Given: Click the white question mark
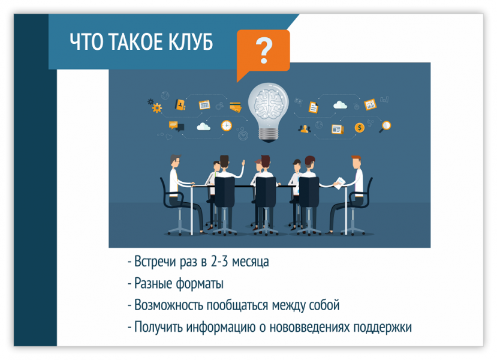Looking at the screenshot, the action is pyautogui.click(x=264, y=50).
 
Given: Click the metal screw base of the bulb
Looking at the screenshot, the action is pyautogui.click(x=269, y=134).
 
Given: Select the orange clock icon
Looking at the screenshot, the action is pyautogui.click(x=226, y=125).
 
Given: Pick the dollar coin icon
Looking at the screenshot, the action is pyautogui.click(x=359, y=128).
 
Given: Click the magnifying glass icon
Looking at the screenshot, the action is pyautogui.click(x=385, y=127).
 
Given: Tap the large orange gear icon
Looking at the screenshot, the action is pyautogui.click(x=156, y=108).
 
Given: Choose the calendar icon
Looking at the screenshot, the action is pyautogui.click(x=204, y=104).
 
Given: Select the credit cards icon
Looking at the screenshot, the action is pyautogui.click(x=236, y=107).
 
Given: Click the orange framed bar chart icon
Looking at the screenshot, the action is pyautogui.click(x=370, y=104).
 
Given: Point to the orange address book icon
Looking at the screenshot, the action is pyautogui.click(x=180, y=104).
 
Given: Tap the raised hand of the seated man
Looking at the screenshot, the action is pyautogui.click(x=243, y=163).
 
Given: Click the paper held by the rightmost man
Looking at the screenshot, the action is pyautogui.click(x=339, y=183).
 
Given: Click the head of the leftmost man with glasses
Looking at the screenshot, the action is pyautogui.click(x=174, y=161).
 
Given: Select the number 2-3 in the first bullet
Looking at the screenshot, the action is pyautogui.click(x=219, y=262).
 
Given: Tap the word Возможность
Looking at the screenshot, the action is pyautogui.click(x=169, y=305).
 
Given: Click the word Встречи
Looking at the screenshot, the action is pyautogui.click(x=155, y=262).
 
